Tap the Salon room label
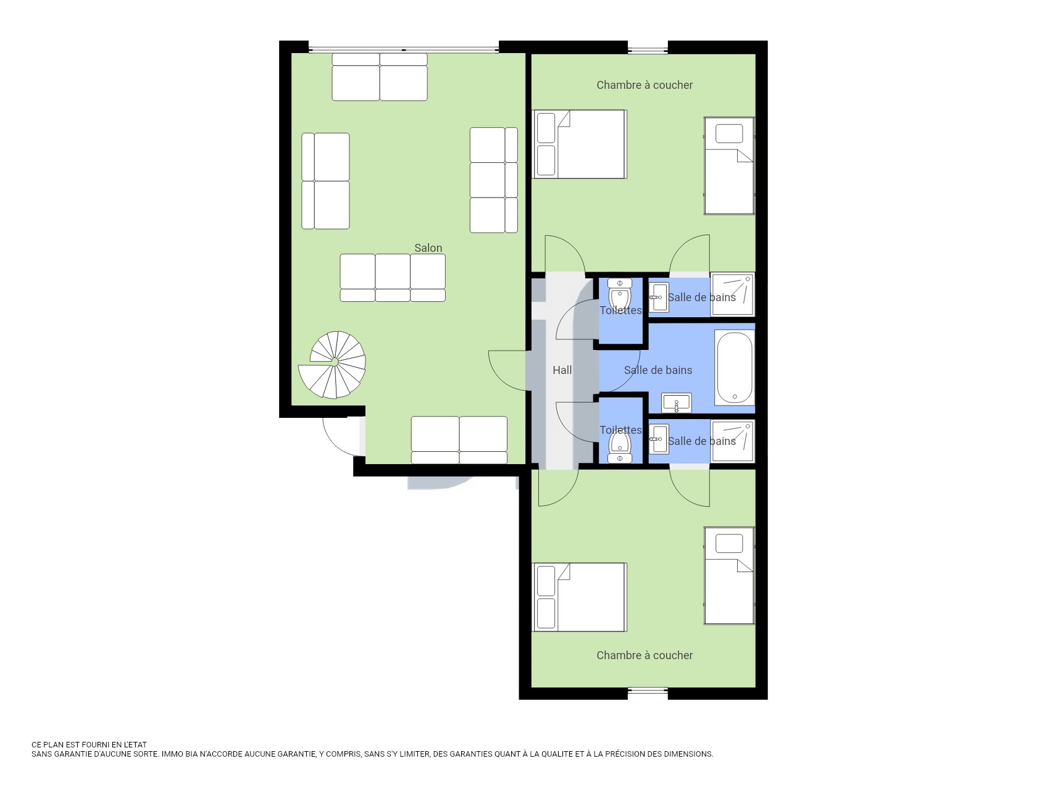pos(428,248)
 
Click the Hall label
pos(562,370)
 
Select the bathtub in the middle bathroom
pos(735,368)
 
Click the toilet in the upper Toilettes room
pos(620,293)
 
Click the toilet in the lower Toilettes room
pos(619,446)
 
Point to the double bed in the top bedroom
pos(580,144)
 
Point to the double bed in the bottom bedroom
pos(580,597)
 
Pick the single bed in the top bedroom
pos(729,166)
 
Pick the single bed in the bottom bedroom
pos(729,576)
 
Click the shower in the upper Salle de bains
pos(732,295)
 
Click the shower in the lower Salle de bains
pos(732,441)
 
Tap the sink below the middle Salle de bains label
pos(677,403)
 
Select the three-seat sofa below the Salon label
pos(393,278)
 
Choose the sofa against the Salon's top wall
pos(380,77)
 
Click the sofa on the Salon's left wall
pos(325,181)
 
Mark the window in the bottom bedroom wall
pos(648,691)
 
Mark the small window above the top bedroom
pos(648,50)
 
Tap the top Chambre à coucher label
pos(644,85)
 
